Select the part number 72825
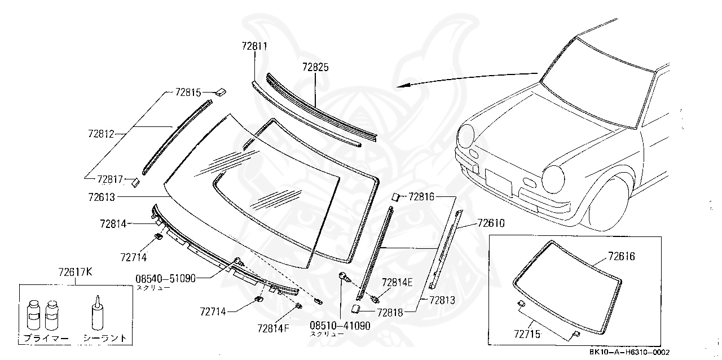[315, 67]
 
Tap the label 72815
[188, 91]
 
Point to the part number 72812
[101, 134]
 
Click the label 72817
[110, 179]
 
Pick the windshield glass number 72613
[102, 197]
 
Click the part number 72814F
[273, 328]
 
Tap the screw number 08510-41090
[340, 326]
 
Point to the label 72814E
[397, 282]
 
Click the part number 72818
[390, 311]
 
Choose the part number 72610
[491, 223]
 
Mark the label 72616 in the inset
[621, 257]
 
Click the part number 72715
[527, 334]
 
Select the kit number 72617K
[76, 273]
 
